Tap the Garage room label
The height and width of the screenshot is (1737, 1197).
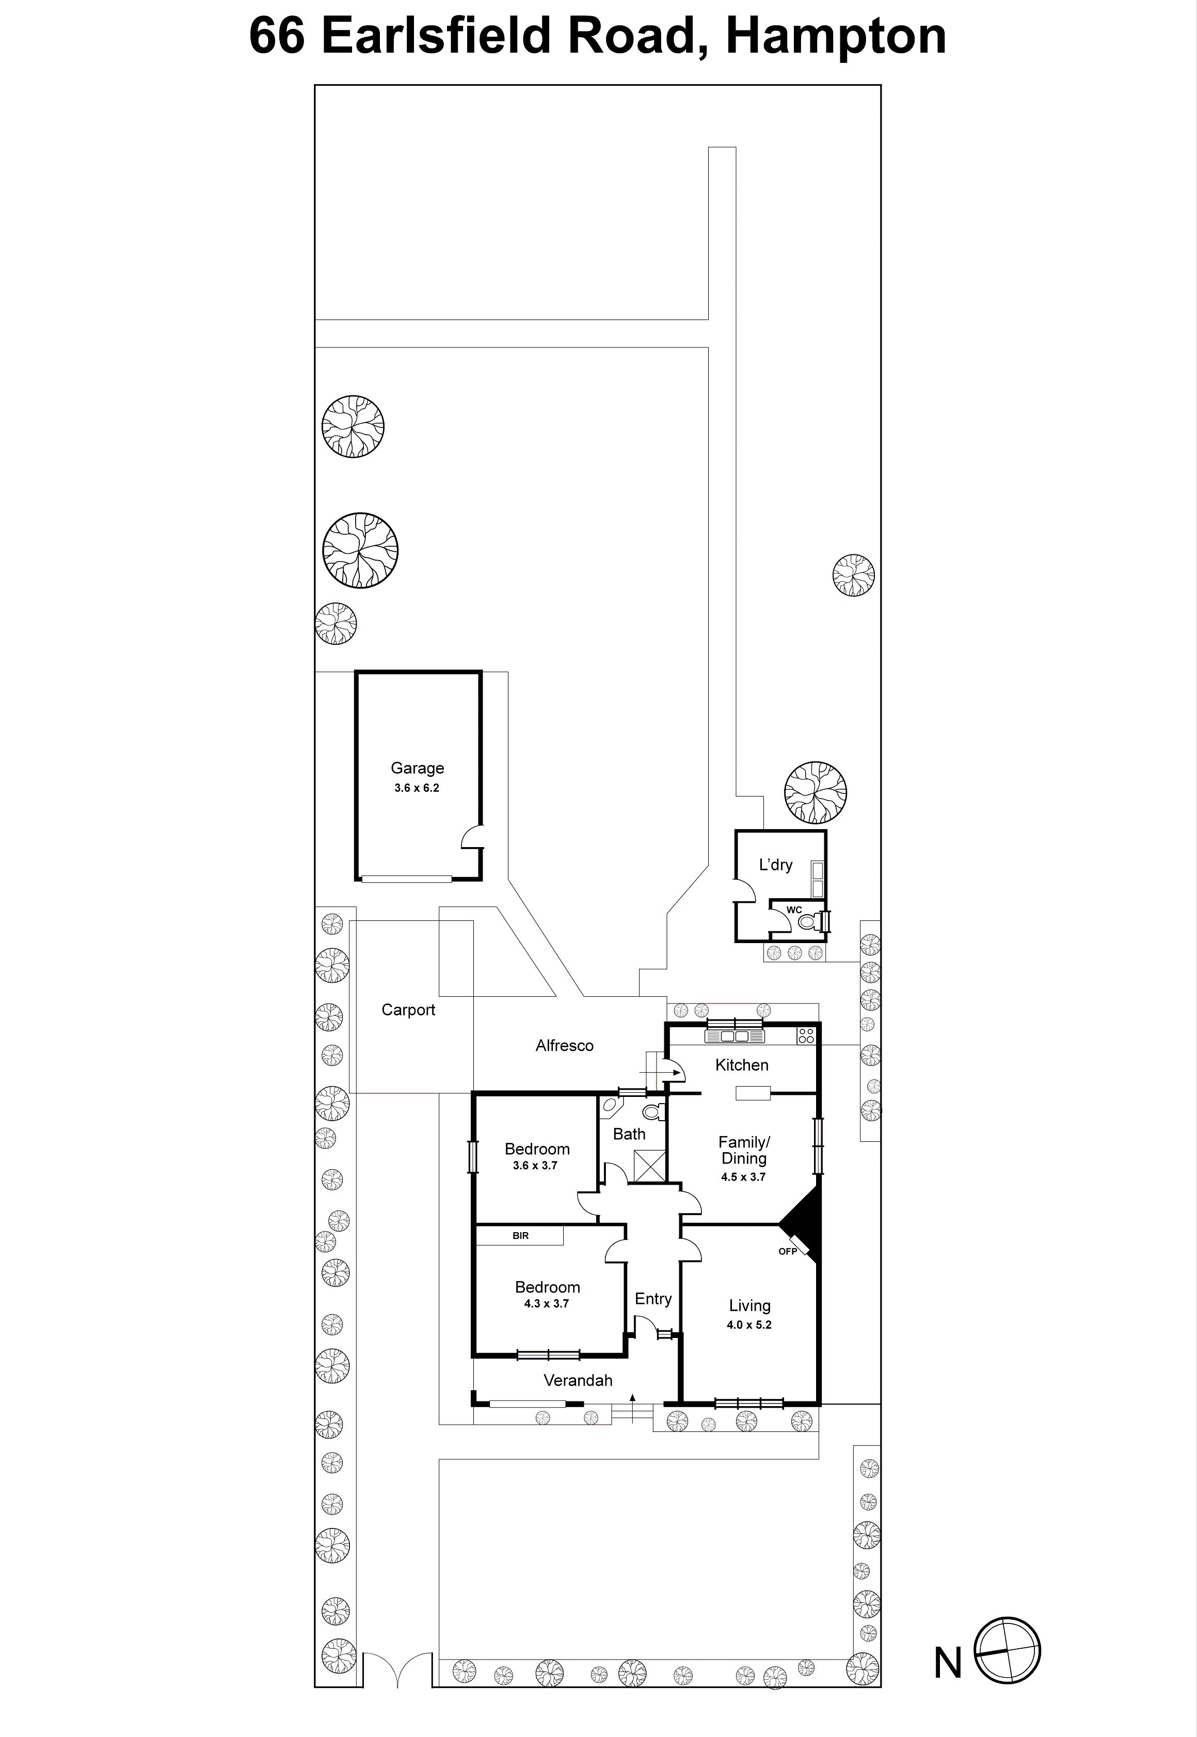[x=417, y=768]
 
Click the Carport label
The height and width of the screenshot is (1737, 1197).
[x=408, y=1010]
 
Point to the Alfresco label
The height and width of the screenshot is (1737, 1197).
[x=564, y=1045]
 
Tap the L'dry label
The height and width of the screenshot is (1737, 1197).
[x=775, y=865]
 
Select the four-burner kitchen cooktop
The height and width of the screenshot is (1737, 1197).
[x=806, y=1036]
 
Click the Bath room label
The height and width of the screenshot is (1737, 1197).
[x=629, y=1134]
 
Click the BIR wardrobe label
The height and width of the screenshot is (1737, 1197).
[x=520, y=1235]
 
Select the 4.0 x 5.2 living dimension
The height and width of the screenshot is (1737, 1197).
[x=748, y=1325]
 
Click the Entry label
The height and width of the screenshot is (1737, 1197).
[x=652, y=1299]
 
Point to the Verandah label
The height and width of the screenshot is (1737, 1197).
[x=578, y=1380]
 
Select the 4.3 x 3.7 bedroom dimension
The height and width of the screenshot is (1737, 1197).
[x=546, y=1303]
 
